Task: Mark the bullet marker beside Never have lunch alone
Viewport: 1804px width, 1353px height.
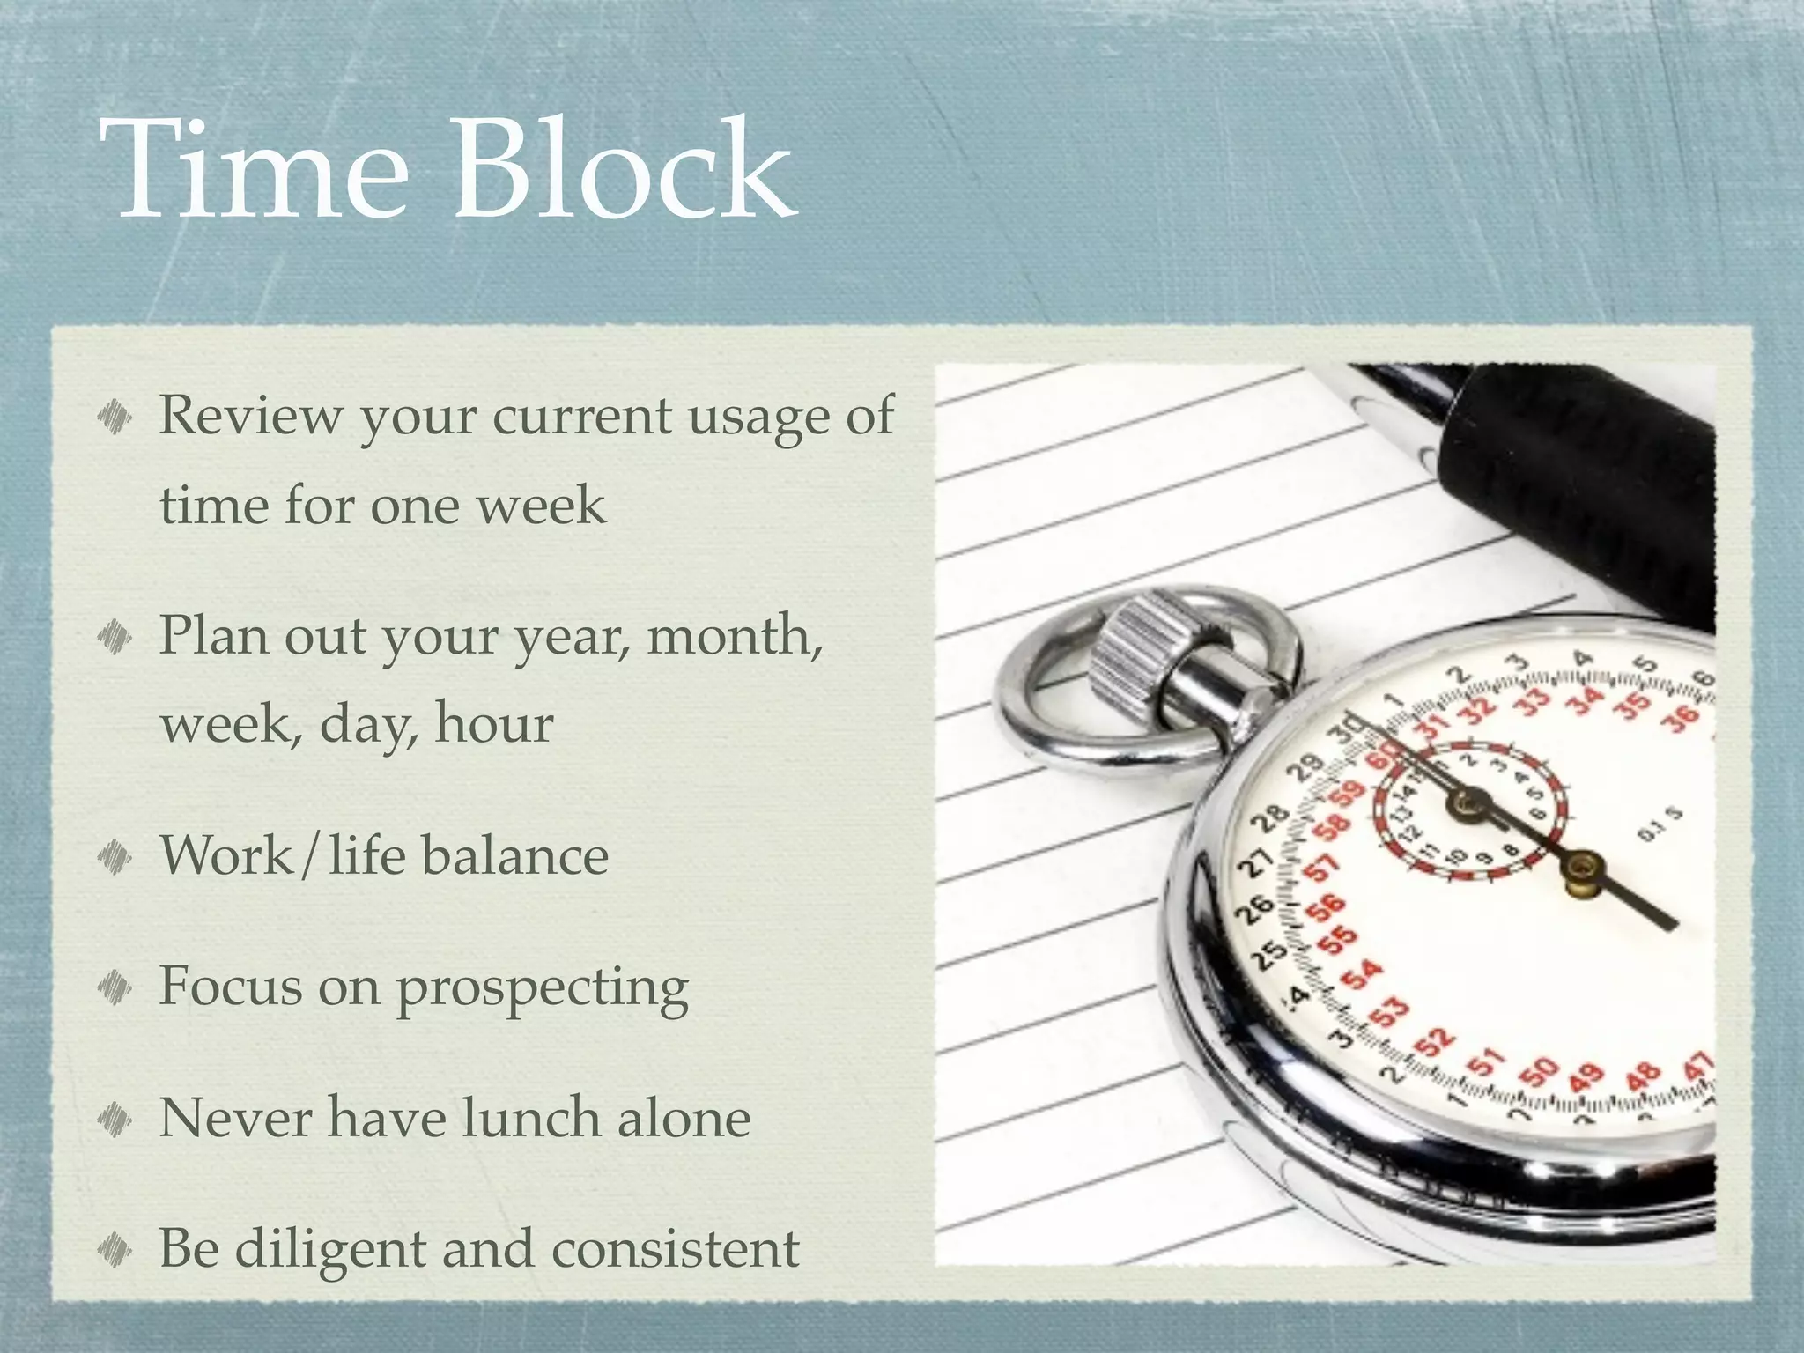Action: [x=115, y=1119]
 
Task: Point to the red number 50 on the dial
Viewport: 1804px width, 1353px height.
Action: [x=1540, y=1074]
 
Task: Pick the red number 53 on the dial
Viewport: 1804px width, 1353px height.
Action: [x=1390, y=1011]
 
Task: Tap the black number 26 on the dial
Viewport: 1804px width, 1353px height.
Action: [x=1258, y=907]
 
